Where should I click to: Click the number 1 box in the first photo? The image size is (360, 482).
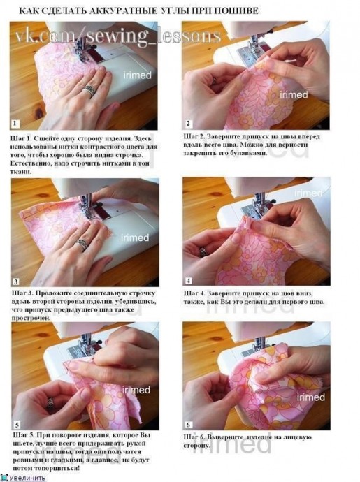click(x=15, y=124)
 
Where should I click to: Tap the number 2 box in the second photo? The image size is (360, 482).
click(x=188, y=124)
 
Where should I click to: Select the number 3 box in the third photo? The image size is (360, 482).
click(x=16, y=282)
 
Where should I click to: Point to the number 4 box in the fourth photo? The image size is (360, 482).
click(x=188, y=280)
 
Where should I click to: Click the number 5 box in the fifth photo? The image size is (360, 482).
click(x=17, y=425)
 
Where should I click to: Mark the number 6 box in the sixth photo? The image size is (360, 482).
click(x=188, y=425)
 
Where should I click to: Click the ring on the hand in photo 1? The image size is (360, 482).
click(x=90, y=90)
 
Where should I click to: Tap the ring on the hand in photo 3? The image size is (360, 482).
click(x=82, y=244)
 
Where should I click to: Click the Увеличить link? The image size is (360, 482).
click(x=27, y=478)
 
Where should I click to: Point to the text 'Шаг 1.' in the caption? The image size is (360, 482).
click(x=21, y=138)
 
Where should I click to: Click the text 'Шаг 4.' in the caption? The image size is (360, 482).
click(x=194, y=293)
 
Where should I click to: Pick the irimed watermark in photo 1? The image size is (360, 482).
click(x=137, y=75)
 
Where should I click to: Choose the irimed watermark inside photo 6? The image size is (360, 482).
click(x=311, y=397)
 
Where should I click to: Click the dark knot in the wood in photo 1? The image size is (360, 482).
click(x=38, y=113)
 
